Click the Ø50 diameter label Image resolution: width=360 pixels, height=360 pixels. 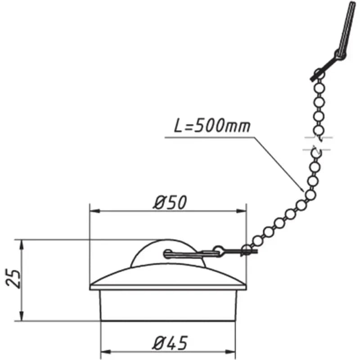[170, 202]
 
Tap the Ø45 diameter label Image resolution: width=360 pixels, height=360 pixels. [170, 343]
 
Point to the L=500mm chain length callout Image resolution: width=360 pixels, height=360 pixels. [212, 126]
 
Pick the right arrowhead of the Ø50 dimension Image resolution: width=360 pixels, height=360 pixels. [241, 211]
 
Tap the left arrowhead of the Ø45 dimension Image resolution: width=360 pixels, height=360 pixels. [106, 352]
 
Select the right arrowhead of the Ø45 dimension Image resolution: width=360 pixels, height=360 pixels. [230, 352]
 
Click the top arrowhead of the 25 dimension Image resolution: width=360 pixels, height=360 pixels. [22, 245]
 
